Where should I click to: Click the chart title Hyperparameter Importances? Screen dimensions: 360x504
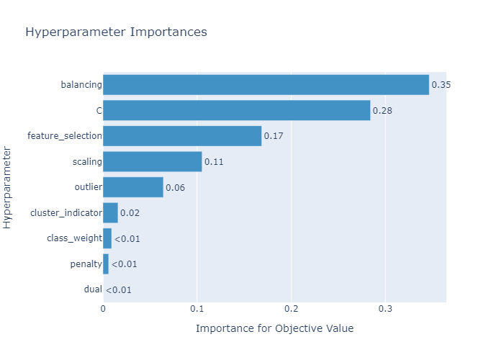pyautogui.click(x=116, y=32)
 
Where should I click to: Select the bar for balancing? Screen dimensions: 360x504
pyautogui.click(x=266, y=85)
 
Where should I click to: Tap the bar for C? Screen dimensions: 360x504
pyautogui.click(x=236, y=110)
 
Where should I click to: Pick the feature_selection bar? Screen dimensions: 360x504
pyautogui.click(x=182, y=136)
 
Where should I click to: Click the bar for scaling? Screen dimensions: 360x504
pyautogui.click(x=152, y=161)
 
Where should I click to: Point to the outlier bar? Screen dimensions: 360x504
pyautogui.click(x=133, y=187)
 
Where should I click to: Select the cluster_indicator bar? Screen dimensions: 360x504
pyautogui.click(x=110, y=213)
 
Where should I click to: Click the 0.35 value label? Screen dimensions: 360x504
pyautogui.click(x=441, y=85)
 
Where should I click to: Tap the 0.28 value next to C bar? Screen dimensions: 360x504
pyautogui.click(x=382, y=111)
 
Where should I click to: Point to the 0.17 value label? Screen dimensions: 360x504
pyautogui.click(x=274, y=136)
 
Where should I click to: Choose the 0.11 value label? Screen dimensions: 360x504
pyautogui.click(x=214, y=162)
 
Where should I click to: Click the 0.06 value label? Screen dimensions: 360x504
pyautogui.click(x=175, y=188)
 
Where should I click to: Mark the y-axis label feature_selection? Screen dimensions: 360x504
pyautogui.click(x=64, y=136)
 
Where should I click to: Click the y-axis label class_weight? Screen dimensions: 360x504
pyautogui.click(x=74, y=238)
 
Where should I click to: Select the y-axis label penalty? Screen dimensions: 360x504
pyautogui.click(x=86, y=264)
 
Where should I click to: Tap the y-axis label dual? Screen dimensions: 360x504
pyautogui.click(x=92, y=289)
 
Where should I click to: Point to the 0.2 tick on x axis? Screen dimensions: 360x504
pyautogui.click(x=291, y=309)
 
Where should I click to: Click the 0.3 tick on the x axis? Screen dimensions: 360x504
pyautogui.click(x=385, y=309)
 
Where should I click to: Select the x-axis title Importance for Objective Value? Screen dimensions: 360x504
pyautogui.click(x=274, y=328)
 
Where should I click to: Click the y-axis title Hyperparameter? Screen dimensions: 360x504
pyautogui.click(x=8, y=187)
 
